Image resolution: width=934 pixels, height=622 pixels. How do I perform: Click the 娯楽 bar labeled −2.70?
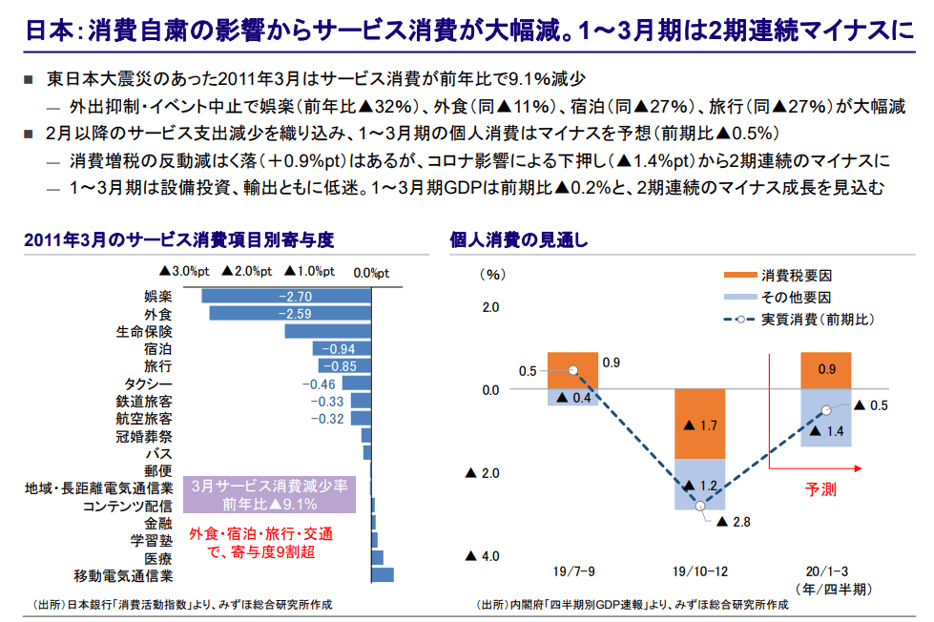pos(286,297)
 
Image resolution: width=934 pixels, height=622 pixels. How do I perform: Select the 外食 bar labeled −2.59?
pos(289,314)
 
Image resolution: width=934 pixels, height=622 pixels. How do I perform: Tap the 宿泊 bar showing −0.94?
pos(342,348)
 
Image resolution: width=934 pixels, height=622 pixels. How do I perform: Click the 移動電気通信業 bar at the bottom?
pos(382,575)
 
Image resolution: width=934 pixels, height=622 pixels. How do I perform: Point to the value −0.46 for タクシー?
pos(319,384)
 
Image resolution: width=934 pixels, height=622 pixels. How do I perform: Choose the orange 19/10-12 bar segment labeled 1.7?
pos(699,425)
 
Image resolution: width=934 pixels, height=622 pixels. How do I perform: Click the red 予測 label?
pos(820,489)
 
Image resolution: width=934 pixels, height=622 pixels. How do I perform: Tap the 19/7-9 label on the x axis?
pos(573,571)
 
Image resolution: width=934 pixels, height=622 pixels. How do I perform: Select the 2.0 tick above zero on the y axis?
pos(490,307)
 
